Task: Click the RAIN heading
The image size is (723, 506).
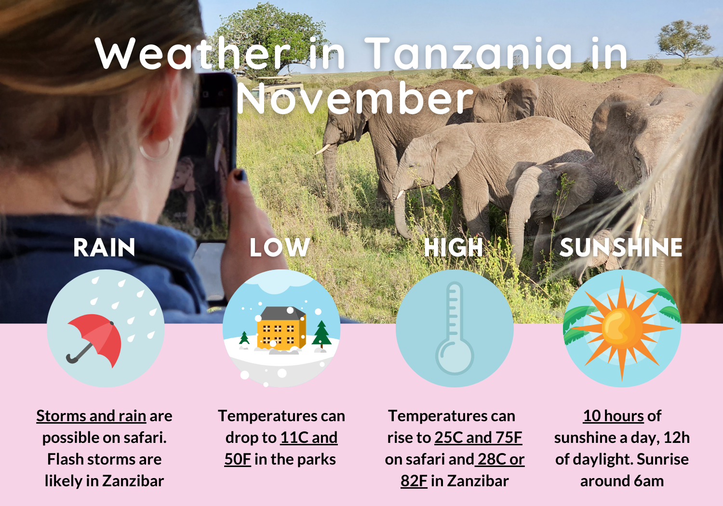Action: (104, 248)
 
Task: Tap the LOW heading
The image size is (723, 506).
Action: (280, 248)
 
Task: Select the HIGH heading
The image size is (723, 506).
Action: (453, 248)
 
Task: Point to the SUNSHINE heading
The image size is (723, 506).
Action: (621, 248)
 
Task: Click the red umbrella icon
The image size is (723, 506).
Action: (95, 339)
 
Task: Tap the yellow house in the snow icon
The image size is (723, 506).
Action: (281, 329)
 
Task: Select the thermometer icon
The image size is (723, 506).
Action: (455, 328)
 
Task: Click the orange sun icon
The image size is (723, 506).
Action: (622, 328)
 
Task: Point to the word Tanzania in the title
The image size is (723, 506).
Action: (468, 53)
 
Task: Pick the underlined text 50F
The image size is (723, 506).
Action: (238, 459)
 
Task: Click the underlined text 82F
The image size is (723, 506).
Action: (414, 481)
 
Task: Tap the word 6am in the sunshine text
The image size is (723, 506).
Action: (649, 481)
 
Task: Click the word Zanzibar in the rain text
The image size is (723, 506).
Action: (134, 481)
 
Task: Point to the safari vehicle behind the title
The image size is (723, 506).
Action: (277, 86)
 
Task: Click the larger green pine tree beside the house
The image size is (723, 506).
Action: (321, 334)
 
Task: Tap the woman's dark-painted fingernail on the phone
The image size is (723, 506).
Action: (241, 175)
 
